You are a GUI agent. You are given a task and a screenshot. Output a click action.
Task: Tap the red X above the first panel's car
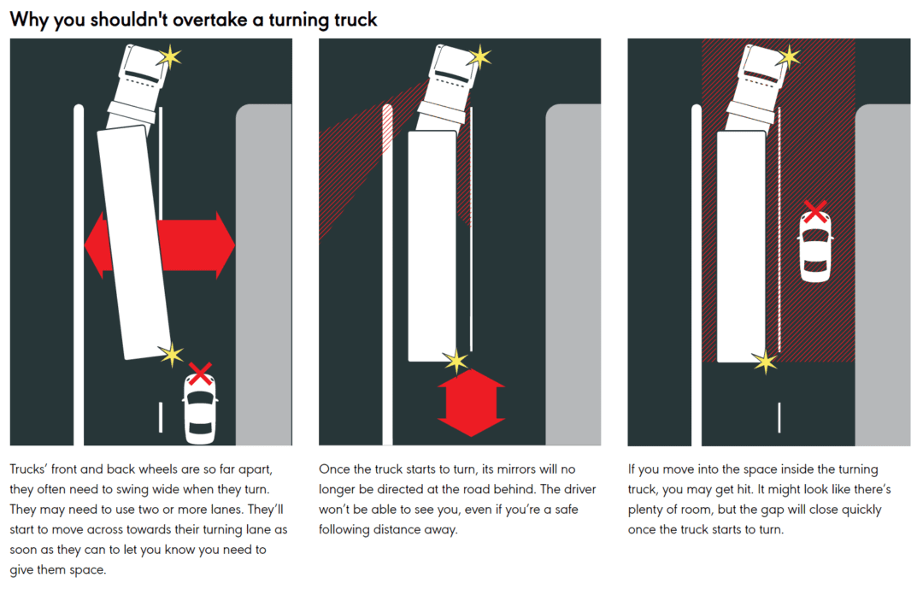point(200,373)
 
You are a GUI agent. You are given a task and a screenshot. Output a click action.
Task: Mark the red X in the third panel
point(815,211)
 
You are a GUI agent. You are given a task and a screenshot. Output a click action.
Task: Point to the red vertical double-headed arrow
point(471,401)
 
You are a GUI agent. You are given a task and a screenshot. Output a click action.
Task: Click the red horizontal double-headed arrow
point(160,245)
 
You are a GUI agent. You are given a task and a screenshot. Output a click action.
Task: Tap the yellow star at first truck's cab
point(170,57)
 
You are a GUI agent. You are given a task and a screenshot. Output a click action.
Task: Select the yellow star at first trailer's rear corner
point(172,353)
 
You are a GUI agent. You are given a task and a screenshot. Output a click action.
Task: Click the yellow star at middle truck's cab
point(479,57)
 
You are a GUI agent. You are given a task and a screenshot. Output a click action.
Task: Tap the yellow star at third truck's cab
point(787,57)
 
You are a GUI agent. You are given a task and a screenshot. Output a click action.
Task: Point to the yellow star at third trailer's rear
point(764,361)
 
